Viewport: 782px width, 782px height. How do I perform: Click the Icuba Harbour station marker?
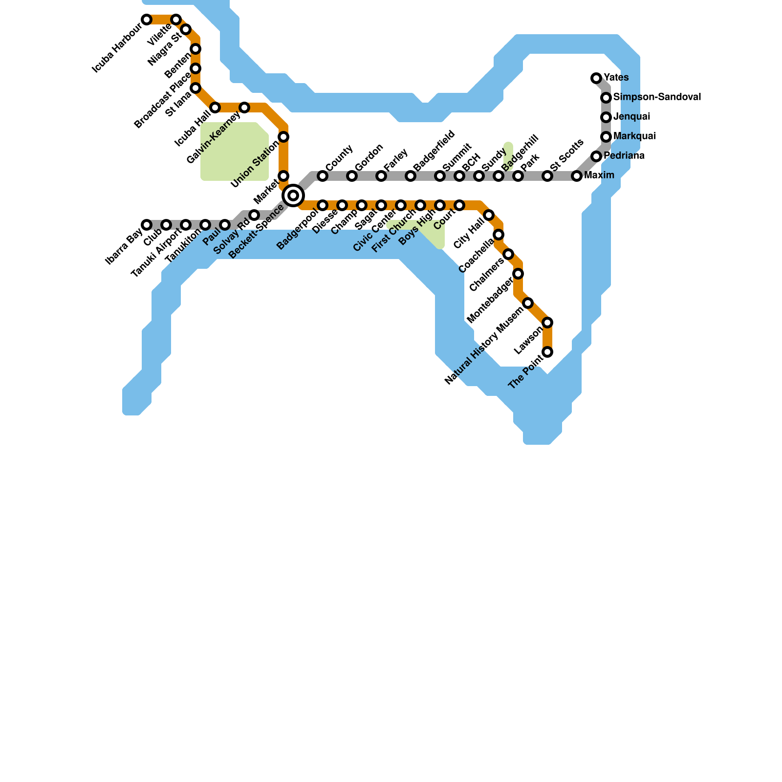click(x=147, y=20)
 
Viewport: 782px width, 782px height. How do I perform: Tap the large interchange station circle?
click(x=293, y=195)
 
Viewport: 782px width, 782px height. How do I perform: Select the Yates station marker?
click(x=596, y=78)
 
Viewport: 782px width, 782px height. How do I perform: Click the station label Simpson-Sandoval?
click(x=657, y=97)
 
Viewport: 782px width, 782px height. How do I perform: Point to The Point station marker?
click(x=547, y=352)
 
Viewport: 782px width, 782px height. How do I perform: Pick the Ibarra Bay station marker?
click(x=147, y=225)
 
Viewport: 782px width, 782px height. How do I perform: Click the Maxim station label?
click(x=599, y=175)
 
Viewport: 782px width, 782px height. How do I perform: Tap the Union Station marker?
click(x=283, y=137)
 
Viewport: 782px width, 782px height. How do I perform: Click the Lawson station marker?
click(x=547, y=323)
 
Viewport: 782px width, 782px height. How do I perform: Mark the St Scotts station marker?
click(x=547, y=176)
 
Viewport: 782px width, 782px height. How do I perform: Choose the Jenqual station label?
click(x=631, y=117)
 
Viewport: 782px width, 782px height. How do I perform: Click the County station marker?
click(x=323, y=176)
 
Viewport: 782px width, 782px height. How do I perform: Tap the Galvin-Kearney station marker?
click(x=244, y=108)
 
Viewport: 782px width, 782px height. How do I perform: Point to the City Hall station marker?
click(x=489, y=215)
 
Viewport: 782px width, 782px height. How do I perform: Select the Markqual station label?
click(x=634, y=136)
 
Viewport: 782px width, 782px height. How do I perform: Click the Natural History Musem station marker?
click(x=528, y=303)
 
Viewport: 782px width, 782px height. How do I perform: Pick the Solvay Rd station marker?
click(x=254, y=215)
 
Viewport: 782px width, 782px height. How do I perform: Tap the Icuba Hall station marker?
click(x=215, y=108)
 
